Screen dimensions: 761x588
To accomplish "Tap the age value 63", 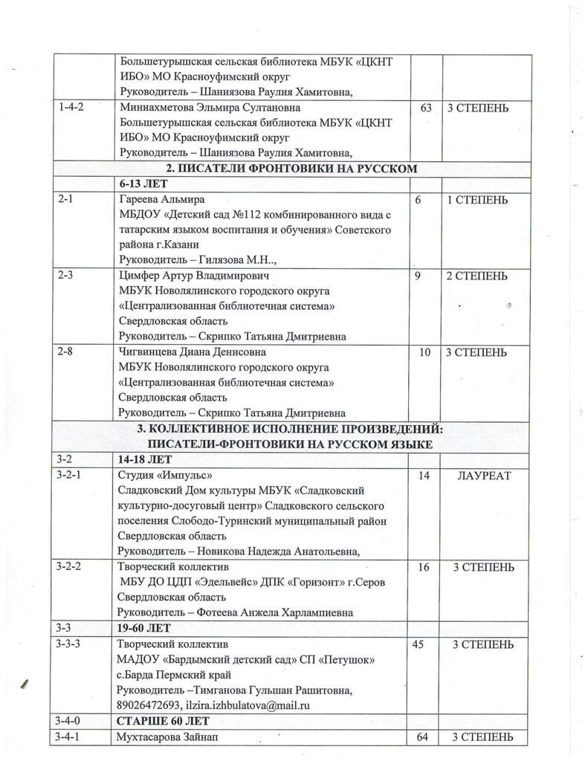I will [426, 108].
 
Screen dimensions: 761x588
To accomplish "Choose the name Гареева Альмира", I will [161, 201].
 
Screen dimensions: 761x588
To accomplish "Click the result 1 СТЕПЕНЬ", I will [476, 201].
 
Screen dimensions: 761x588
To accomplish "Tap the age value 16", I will [424, 566].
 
